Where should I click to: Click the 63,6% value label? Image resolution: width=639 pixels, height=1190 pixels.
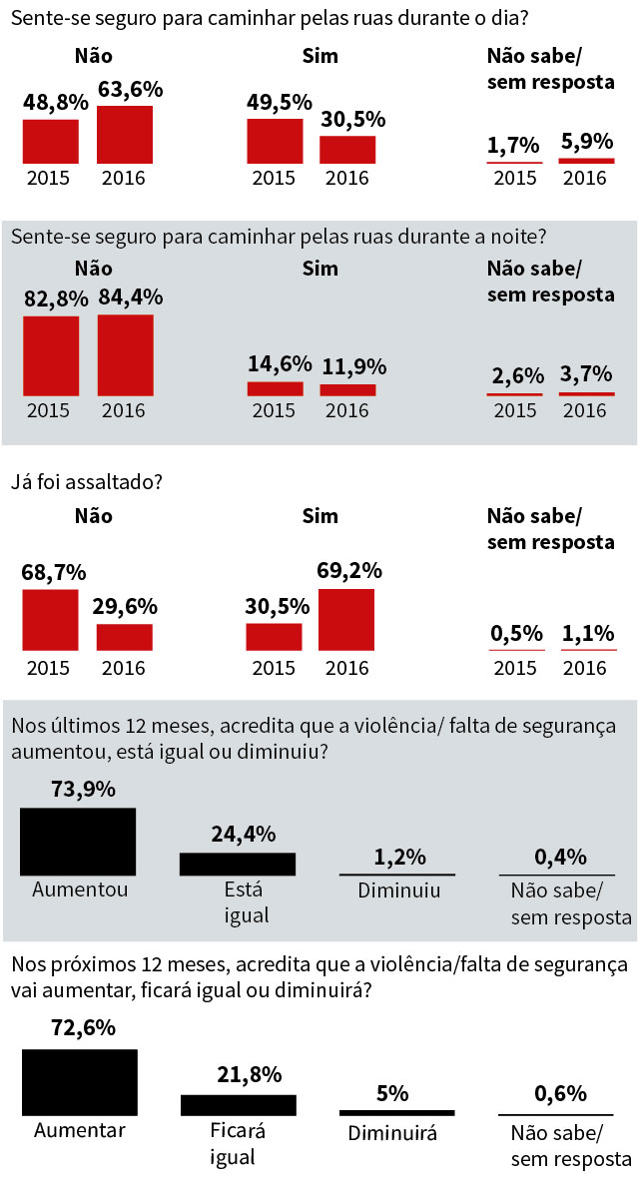(x=130, y=89)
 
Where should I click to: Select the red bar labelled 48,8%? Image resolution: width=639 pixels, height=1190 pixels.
(x=51, y=141)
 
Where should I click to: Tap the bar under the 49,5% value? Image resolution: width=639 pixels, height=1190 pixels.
(x=275, y=141)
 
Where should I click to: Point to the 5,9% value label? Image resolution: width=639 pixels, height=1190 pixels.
(x=586, y=142)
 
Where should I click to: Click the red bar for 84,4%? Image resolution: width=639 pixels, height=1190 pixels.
(x=125, y=356)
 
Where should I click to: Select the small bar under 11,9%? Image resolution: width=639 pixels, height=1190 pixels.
(x=347, y=390)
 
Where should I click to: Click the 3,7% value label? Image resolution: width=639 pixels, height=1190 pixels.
(x=586, y=376)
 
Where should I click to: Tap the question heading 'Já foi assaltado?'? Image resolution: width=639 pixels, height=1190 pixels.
(x=87, y=481)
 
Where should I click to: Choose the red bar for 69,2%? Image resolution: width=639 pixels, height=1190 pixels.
(x=346, y=620)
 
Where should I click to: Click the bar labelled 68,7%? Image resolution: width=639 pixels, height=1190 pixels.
(x=51, y=620)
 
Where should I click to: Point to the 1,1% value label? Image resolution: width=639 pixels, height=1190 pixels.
(x=586, y=634)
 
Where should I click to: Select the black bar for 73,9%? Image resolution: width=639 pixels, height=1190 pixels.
(x=78, y=842)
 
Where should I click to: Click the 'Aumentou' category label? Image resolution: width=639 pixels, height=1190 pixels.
(x=79, y=889)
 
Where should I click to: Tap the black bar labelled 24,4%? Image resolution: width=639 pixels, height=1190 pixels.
(x=238, y=864)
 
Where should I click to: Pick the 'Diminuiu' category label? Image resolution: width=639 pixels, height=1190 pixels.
(x=398, y=890)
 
